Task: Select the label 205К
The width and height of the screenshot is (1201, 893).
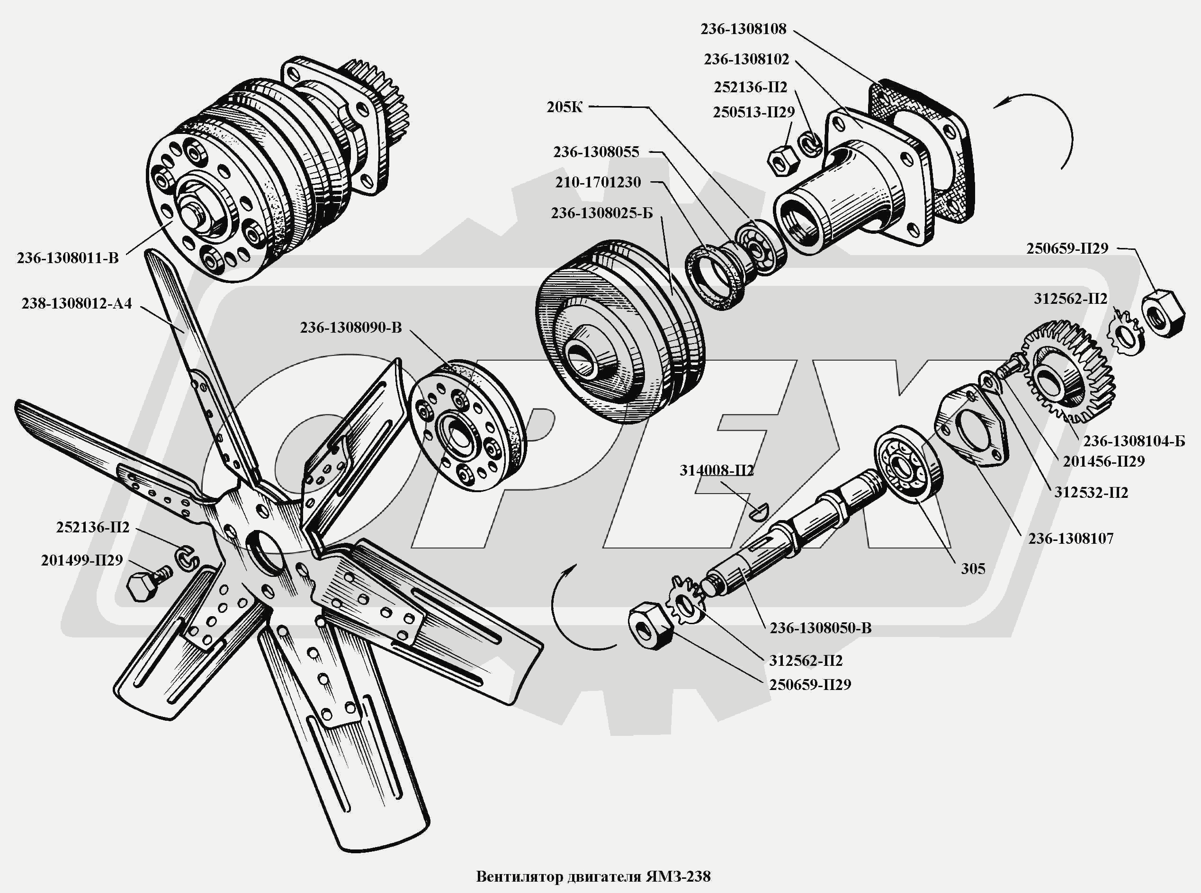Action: pos(564,107)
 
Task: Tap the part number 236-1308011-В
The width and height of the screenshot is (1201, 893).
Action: pos(68,258)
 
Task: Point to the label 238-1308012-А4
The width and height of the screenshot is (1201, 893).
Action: pos(77,303)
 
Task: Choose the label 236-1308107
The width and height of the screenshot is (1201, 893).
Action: pos(1071,539)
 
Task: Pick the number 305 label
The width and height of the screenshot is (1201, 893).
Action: pos(973,568)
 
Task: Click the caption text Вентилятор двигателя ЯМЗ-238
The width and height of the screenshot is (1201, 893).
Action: pos(593,876)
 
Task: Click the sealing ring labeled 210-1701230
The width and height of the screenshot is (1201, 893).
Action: pos(717,277)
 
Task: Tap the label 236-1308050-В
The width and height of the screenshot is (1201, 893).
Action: pos(820,628)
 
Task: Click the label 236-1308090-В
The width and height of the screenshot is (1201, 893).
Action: pos(350,327)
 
